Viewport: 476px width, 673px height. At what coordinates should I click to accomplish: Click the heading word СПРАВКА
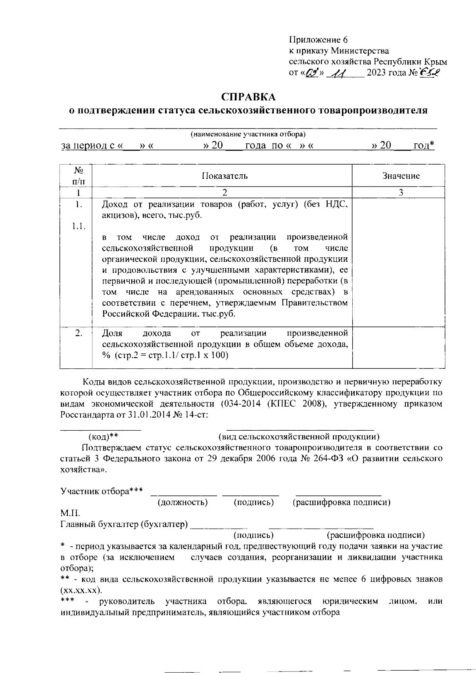[248, 97]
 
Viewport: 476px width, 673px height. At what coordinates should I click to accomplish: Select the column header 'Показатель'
[225, 176]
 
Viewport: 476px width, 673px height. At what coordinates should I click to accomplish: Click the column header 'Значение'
[401, 176]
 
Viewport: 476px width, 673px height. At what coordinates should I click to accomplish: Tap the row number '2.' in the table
[79, 333]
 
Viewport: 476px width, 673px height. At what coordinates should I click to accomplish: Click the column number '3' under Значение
[401, 193]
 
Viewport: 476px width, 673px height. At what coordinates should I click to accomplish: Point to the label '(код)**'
[103, 437]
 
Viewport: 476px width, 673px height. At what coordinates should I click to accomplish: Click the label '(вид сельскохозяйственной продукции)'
[299, 437]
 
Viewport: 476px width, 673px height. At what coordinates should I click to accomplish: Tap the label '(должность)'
[183, 502]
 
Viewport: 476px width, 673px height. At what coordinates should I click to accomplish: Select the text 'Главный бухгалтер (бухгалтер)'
[124, 525]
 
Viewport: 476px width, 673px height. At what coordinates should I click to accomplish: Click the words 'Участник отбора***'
[102, 491]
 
